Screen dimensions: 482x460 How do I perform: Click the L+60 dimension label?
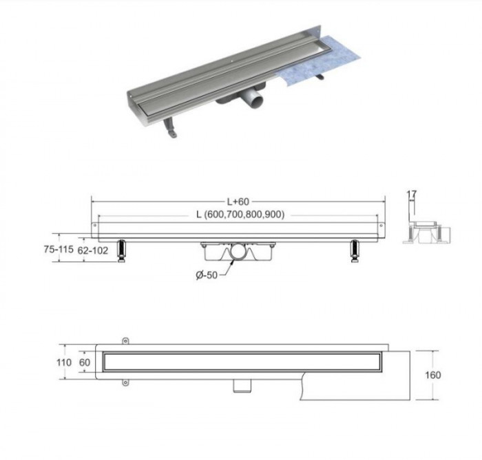coord(238,201)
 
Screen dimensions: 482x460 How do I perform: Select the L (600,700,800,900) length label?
coord(240,215)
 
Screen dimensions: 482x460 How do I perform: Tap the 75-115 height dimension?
coord(59,249)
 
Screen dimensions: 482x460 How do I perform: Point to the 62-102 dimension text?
coord(93,251)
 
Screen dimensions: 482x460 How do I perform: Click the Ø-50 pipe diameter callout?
coord(207,275)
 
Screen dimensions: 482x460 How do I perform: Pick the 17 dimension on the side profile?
coord(412,194)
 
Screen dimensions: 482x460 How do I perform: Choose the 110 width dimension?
coord(64,362)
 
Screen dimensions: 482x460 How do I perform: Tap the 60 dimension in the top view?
coord(85,362)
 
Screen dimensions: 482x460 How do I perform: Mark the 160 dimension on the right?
coord(433,375)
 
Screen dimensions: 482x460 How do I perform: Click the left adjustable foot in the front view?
coord(121,251)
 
